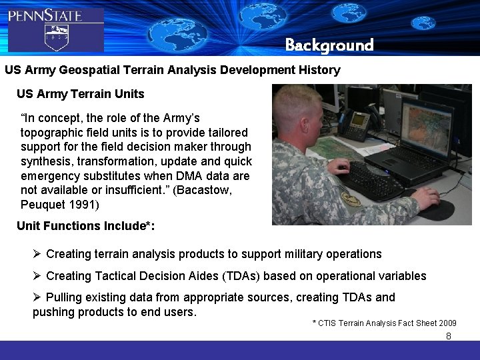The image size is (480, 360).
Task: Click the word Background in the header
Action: pos(329,45)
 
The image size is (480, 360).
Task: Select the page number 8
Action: pos(449,336)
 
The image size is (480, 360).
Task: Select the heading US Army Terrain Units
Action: pos(80,93)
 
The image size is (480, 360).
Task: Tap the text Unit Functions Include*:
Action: pos(85,225)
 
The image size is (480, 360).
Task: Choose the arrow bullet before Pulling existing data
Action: pos(37,297)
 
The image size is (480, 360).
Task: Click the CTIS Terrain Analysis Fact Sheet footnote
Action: pos(384,323)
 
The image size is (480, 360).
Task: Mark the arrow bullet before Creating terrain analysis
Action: pos(37,254)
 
